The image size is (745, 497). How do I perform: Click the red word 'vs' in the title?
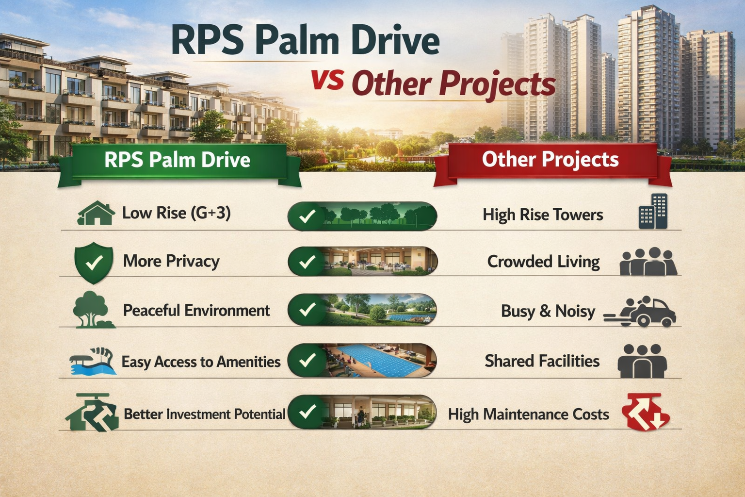pos(328,80)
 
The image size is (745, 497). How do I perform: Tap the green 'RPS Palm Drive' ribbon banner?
pos(178,160)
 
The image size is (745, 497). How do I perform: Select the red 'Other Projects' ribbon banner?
pos(551,160)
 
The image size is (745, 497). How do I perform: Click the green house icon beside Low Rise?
pos(96,214)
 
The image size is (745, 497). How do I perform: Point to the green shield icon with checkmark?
pos(94,263)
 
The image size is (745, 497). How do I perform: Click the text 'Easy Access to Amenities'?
pos(201,362)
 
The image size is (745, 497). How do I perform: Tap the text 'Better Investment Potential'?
pos(204,414)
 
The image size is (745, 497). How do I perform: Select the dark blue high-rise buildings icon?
pos(653,212)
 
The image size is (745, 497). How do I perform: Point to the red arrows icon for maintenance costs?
pos(645,413)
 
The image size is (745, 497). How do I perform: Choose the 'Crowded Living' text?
pos(543,262)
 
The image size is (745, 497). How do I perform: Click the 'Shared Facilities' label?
pos(542,361)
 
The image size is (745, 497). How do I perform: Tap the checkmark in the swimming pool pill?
pos(307,360)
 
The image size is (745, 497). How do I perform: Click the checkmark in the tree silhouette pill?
pos(307,216)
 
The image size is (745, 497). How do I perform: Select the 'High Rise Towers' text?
pos(542,215)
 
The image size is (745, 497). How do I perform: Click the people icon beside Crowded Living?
pos(648,262)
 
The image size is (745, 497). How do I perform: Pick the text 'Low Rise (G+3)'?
pos(176,213)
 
